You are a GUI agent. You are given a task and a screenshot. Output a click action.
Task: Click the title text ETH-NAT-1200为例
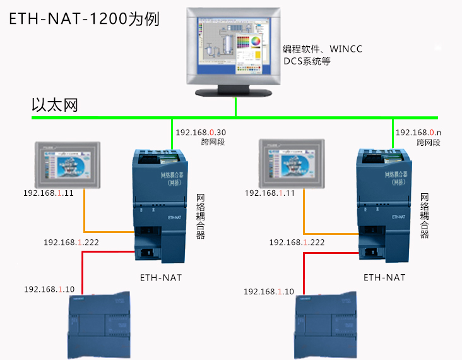coord(83,18)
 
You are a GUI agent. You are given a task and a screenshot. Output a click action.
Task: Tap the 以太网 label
coord(55,104)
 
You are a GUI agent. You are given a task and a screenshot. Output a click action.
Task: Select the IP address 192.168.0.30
coord(201,133)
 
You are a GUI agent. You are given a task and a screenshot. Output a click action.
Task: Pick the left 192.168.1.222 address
coord(71,242)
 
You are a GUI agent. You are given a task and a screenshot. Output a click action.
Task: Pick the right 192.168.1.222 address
coord(297,242)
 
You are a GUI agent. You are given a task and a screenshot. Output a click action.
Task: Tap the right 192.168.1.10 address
coord(269,291)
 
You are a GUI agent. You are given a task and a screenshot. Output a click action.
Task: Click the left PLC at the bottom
coord(102,326)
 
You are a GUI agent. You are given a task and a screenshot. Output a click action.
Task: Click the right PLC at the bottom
coord(329,326)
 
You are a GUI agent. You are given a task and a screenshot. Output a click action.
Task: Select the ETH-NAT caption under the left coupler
coord(161,277)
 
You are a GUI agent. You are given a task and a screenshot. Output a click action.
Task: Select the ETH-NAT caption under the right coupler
coord(384,277)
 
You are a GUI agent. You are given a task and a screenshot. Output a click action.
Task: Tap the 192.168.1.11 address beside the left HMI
coord(49,193)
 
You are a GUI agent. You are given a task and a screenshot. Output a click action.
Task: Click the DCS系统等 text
coord(307,62)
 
